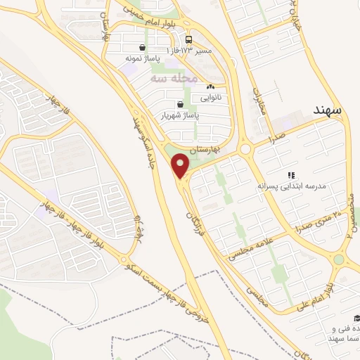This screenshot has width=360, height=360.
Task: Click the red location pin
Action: coord(181,165)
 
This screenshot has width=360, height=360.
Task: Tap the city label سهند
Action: coord(327,110)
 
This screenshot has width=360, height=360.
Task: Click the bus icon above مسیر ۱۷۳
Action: coord(189,40)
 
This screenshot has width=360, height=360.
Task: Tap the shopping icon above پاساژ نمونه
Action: coord(143,49)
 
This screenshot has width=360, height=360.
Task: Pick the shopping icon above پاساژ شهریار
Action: coord(181,104)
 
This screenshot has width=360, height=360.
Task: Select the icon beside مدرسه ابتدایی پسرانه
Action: coord(290,175)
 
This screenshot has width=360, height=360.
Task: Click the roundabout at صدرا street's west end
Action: coord(245,149)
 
